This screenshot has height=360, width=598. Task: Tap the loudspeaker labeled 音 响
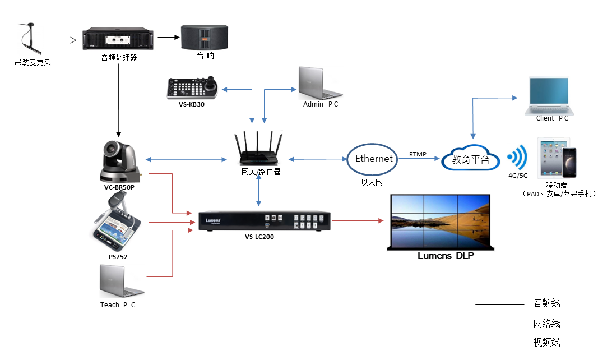205,38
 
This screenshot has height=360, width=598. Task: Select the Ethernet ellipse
373,159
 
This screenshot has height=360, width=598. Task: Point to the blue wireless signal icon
517,158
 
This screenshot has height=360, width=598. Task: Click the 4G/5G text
517,176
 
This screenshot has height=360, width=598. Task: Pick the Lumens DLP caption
446,256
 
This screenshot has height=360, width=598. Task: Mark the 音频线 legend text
546,304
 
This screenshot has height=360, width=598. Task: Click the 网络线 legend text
546,324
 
